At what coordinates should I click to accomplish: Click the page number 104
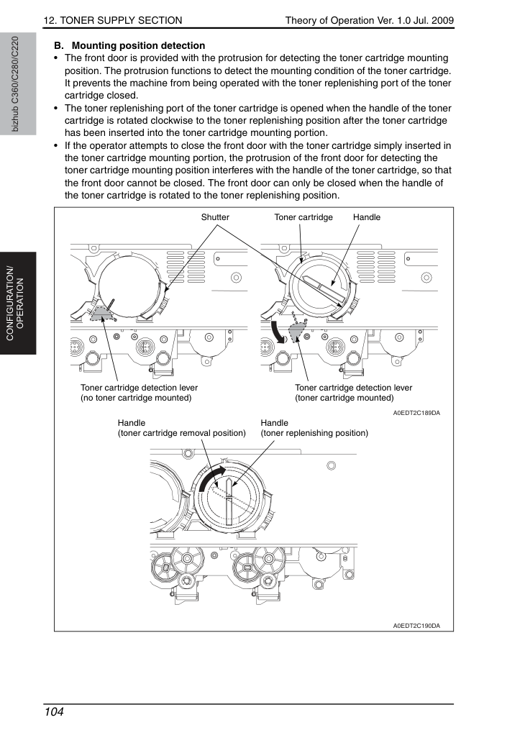click(54, 712)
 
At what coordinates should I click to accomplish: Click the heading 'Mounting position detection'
click(138, 46)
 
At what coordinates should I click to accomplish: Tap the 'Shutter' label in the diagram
click(215, 217)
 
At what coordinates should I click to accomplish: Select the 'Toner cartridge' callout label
click(303, 217)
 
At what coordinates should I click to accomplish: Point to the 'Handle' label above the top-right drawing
click(367, 217)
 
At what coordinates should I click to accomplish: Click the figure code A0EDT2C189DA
click(416, 413)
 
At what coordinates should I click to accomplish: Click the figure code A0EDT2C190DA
click(416, 626)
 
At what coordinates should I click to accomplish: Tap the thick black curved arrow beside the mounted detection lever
click(278, 332)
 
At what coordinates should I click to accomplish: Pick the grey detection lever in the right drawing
click(296, 331)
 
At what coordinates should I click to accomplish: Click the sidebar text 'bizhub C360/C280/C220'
click(16, 84)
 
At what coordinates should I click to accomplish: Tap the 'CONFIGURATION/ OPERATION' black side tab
click(18, 304)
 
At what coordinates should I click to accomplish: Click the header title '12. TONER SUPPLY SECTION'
click(113, 20)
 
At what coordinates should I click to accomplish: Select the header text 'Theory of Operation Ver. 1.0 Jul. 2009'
click(370, 20)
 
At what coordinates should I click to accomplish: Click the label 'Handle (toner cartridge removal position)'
click(181, 428)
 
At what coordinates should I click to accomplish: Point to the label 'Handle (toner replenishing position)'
click(314, 428)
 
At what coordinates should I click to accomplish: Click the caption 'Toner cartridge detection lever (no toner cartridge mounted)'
click(139, 393)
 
